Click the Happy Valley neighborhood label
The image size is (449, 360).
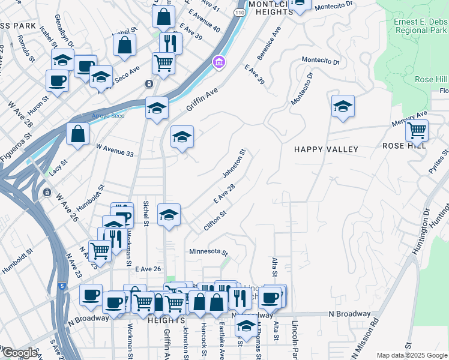pos(326,149)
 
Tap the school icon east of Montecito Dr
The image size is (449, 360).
pos(343,106)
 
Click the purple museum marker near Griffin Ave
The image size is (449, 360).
pos(218,62)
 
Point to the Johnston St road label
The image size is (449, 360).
pos(235,163)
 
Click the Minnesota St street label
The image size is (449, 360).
pos(209,252)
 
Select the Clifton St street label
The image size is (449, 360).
pos(214,222)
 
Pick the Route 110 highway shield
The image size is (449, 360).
pos(240,11)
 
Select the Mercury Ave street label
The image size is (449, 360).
pos(413,114)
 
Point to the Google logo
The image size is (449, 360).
pos(20,353)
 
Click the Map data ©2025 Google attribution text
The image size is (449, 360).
pos(412,355)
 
